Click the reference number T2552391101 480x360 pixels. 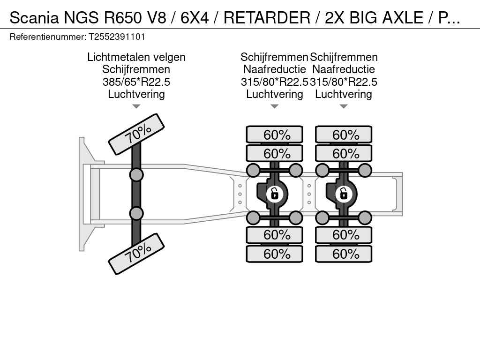[x=117, y=37]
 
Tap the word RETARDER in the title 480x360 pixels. [x=267, y=17]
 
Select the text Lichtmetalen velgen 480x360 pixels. [x=136, y=57]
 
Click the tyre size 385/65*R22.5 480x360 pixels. [x=136, y=82]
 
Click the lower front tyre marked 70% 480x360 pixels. [x=136, y=254]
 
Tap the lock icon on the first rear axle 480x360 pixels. [x=275, y=194]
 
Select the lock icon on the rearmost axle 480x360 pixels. [x=344, y=194]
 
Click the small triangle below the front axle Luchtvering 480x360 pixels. [x=136, y=106]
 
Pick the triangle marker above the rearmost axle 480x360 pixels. [x=344, y=106]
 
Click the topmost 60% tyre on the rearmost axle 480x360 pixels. [x=344, y=135]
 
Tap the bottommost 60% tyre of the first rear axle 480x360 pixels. [x=275, y=254]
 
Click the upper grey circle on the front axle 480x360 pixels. [x=136, y=175]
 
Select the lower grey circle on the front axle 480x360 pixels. [x=136, y=213]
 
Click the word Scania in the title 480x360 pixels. [x=34, y=17]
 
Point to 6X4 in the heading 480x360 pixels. [x=195, y=17]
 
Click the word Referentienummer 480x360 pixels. [x=48, y=37]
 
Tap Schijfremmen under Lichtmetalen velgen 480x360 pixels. [x=136, y=69]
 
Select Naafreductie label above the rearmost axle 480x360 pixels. [x=344, y=69]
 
